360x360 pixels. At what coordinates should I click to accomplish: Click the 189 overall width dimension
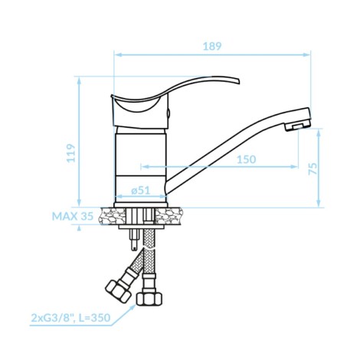[x=212, y=46]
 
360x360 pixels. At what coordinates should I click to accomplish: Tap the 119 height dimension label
[x=71, y=153]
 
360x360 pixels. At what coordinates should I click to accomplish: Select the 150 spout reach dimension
[x=247, y=159]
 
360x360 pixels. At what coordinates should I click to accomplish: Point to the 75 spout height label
[x=313, y=169]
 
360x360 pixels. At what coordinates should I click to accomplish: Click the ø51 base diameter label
[x=141, y=190]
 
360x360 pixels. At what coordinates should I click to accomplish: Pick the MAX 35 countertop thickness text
[x=73, y=216]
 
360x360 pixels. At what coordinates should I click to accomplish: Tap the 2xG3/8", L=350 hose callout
[x=70, y=318]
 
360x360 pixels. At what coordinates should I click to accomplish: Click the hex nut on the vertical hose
[x=149, y=299]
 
